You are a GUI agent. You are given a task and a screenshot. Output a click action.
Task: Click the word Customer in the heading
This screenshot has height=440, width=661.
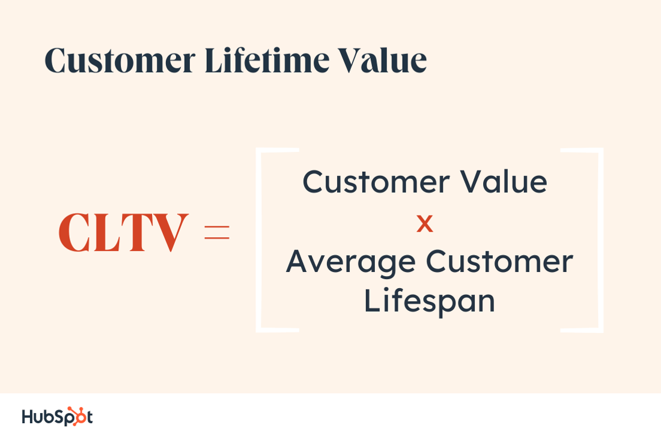pos(120,61)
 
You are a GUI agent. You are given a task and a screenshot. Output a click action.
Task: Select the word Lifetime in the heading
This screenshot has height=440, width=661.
pos(266,61)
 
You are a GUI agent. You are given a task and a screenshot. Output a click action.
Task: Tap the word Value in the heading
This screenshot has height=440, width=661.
pos(382,61)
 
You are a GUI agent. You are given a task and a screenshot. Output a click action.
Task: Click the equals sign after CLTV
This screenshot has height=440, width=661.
pos(217,232)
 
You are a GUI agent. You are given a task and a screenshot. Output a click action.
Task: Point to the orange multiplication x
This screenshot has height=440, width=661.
pos(425,225)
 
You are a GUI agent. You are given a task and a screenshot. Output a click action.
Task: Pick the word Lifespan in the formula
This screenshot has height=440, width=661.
pos(429,301)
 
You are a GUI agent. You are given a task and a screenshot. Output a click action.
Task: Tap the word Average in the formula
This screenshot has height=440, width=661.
pos(351,262)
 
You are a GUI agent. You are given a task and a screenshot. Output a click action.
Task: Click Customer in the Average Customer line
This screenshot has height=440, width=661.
pos(499,262)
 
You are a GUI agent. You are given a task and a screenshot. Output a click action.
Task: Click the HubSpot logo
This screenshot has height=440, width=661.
pos(57,416)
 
